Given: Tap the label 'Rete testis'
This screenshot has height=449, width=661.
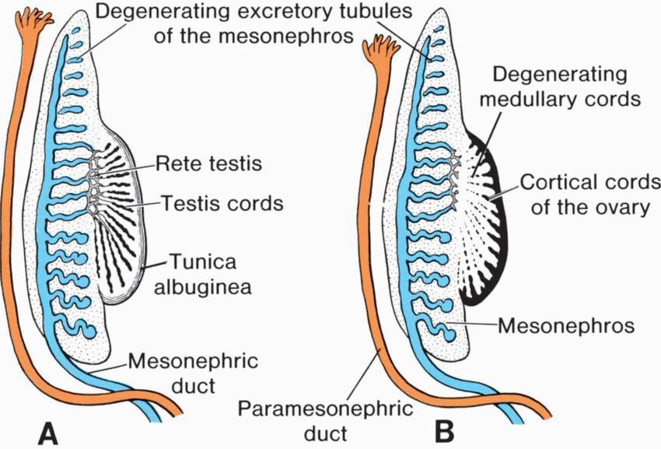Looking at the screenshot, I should (206, 164).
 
